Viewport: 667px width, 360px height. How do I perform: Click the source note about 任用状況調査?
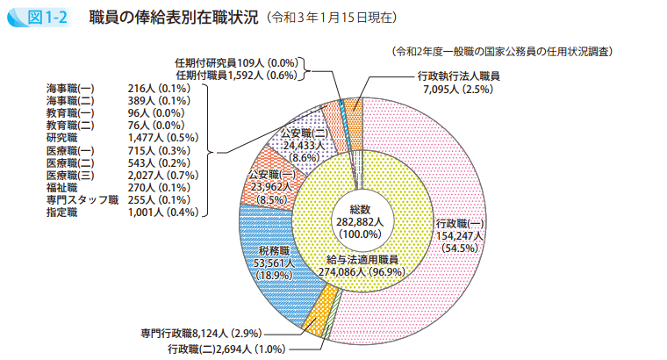501,52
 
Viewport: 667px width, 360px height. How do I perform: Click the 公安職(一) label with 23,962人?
274,187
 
